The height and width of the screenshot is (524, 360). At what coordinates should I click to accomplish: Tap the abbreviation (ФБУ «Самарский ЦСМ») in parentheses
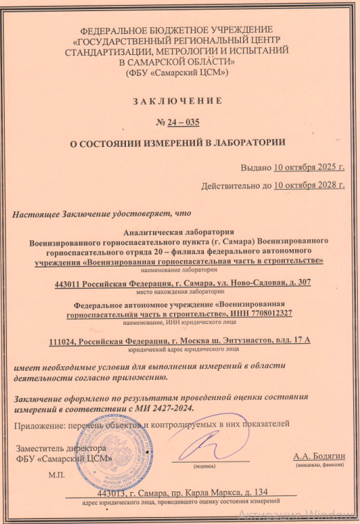178,72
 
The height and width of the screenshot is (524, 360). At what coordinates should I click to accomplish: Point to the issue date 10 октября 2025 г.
309,168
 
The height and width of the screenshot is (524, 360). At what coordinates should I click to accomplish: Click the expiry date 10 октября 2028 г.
309,186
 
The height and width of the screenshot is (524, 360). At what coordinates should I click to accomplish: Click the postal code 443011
68,283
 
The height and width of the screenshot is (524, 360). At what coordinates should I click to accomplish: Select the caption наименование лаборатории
180,269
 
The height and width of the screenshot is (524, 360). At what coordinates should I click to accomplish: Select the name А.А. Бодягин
320,456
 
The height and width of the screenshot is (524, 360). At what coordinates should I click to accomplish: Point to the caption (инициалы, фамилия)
320,465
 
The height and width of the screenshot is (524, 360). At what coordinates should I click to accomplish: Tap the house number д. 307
295,283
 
